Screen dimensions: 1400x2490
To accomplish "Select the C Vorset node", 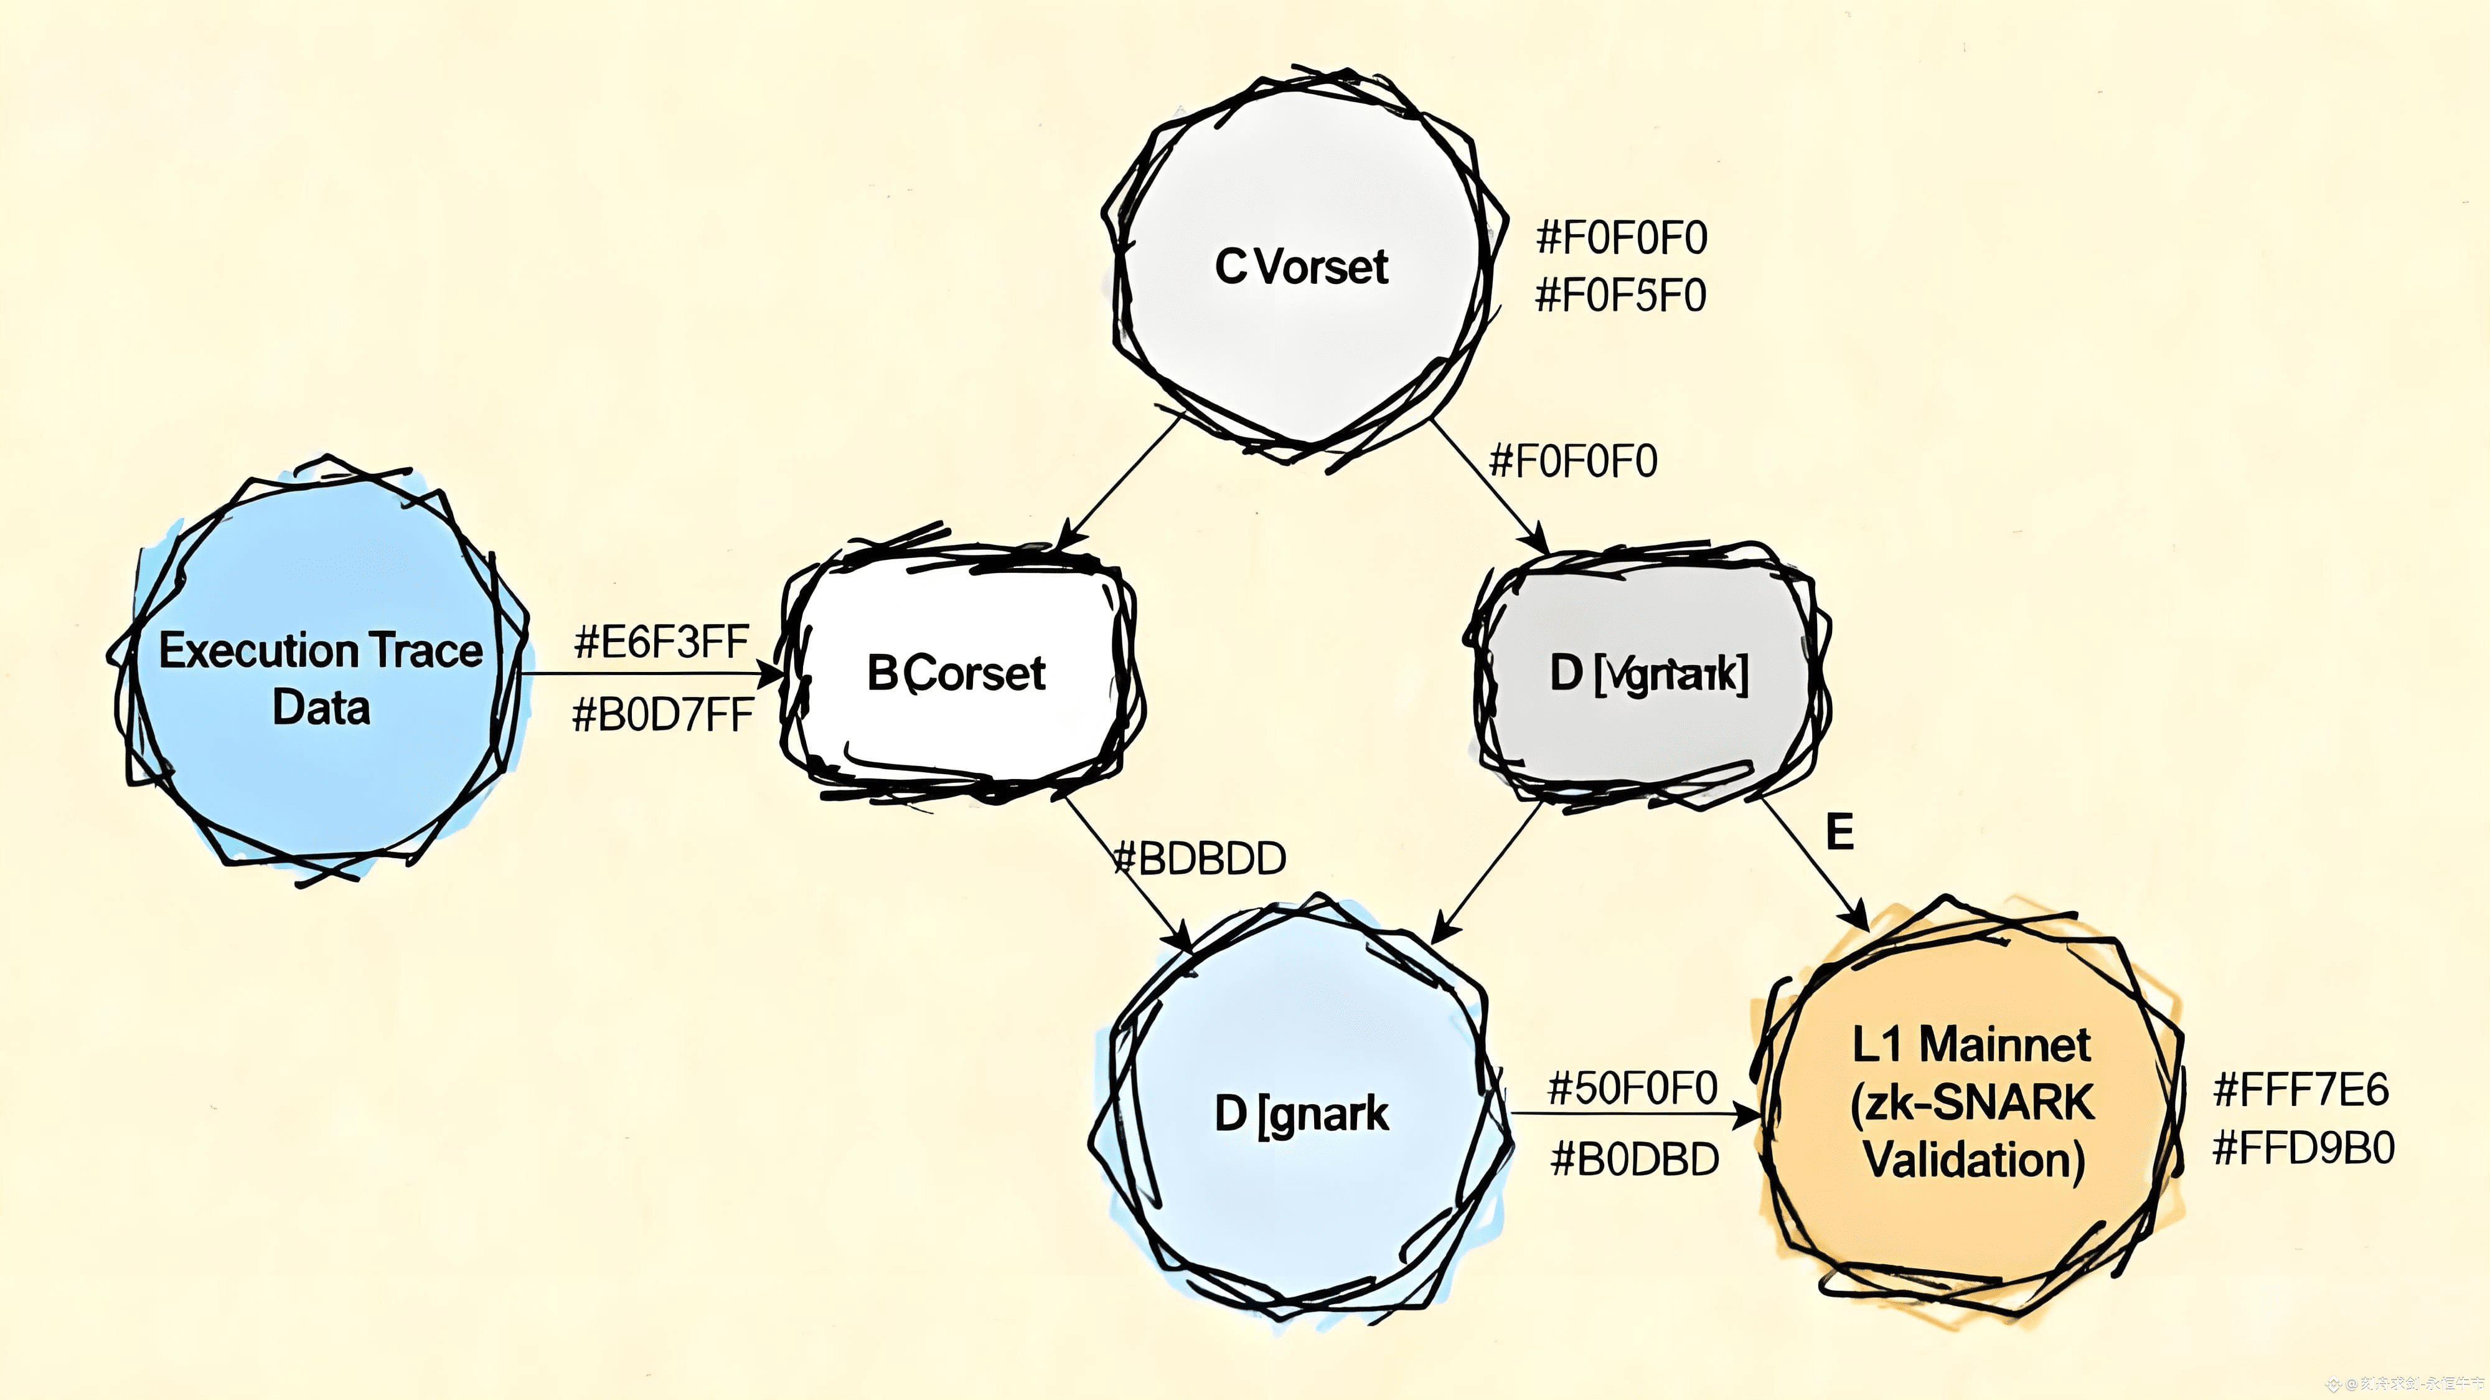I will [1300, 266].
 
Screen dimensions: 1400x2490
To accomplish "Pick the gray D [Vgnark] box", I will [1648, 674].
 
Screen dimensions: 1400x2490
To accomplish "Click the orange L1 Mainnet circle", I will [1972, 1102].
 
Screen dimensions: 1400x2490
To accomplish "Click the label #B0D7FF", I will [662, 716].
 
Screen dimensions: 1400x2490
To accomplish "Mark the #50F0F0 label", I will [1632, 1089].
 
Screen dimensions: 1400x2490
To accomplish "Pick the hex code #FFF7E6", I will [2301, 1090].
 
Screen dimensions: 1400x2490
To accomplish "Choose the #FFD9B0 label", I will [2303, 1148].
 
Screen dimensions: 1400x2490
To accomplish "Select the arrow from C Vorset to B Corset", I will [1121, 481].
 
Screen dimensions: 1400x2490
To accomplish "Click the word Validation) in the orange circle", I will [1974, 1159].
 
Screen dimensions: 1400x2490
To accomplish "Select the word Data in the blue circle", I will [321, 707].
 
